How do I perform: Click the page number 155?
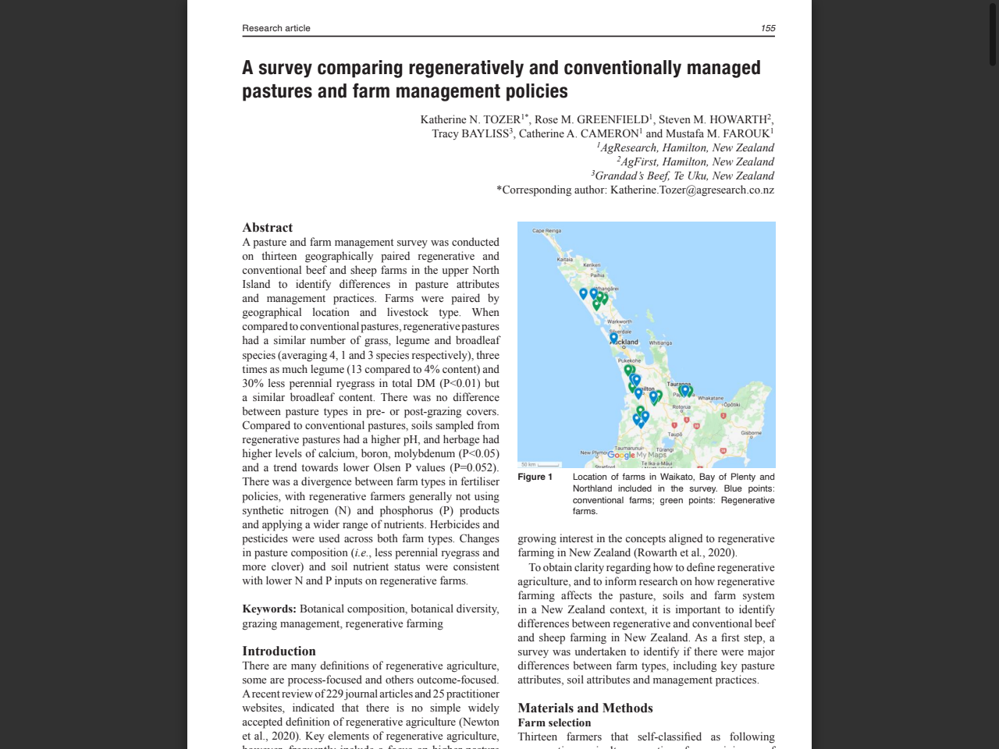768,28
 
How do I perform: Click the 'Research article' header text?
276,28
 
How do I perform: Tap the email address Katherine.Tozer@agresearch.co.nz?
692,190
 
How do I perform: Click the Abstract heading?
268,227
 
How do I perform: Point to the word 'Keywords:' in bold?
269,609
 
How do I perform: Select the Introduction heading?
279,651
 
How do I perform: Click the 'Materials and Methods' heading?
585,708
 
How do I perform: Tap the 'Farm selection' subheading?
554,722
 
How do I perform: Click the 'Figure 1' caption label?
535,477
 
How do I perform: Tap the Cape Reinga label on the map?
546,231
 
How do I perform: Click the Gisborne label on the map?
751,432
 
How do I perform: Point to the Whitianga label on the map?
659,343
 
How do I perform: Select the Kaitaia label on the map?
564,259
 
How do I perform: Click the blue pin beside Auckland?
613,337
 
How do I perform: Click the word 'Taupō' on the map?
675,435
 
